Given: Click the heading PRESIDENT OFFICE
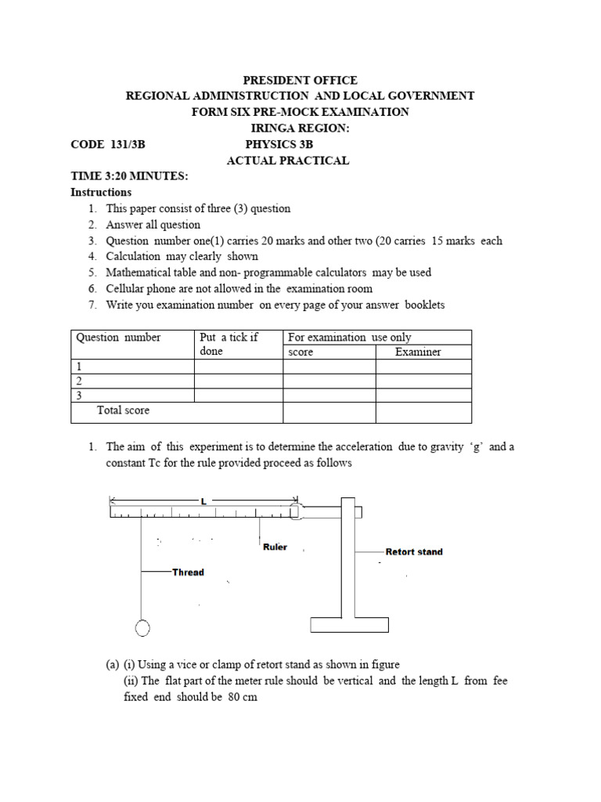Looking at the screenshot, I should (300, 80).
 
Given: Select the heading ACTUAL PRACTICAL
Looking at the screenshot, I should (288, 161).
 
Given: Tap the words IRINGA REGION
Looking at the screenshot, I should (300, 128).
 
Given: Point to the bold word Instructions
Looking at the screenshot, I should (101, 192).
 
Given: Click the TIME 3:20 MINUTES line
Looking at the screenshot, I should (129, 176).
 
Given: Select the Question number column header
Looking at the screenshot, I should (118, 338).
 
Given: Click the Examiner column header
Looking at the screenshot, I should (418, 352).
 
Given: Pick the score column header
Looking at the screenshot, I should (300, 352).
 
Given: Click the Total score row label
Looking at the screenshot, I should (123, 410).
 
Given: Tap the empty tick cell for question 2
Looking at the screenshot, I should (238, 381).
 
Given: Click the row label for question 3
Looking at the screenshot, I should (78, 396).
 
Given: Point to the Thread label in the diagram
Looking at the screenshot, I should (188, 573).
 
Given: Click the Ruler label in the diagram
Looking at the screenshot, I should (275, 547).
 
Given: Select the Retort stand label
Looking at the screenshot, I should (414, 552).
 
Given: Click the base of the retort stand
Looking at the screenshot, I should (350, 625).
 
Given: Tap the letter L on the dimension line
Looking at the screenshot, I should (203, 500).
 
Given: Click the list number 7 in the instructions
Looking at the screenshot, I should (92, 305).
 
